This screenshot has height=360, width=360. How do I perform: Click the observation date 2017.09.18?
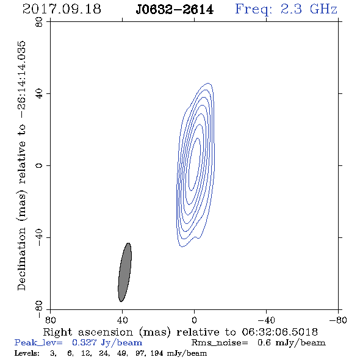(x=62, y=9)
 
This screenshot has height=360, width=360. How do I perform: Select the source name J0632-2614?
(x=175, y=10)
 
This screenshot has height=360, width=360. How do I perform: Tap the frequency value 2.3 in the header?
(x=291, y=9)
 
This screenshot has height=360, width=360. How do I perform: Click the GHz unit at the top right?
(x=323, y=9)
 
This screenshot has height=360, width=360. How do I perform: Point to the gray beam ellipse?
(x=124, y=272)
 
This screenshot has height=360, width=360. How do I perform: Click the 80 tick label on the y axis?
(x=39, y=22)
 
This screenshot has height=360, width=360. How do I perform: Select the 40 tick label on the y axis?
(x=39, y=94)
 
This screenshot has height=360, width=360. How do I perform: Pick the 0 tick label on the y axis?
(x=39, y=165)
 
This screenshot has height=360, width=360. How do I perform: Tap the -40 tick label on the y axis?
(x=39, y=237)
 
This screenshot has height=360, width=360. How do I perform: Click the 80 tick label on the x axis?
(x=50, y=320)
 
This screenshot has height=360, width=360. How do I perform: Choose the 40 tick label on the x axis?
(x=122, y=320)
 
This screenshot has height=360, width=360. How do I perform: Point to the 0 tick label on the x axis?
(x=194, y=320)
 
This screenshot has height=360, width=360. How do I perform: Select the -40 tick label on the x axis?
(x=266, y=320)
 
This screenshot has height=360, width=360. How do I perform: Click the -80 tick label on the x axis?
(x=338, y=320)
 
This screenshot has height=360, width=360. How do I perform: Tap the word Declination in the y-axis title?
(x=21, y=259)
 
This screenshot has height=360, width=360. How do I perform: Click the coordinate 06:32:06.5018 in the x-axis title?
(x=279, y=332)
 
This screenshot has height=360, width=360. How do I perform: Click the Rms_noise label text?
(x=220, y=343)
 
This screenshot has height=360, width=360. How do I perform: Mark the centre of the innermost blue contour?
(x=195, y=164)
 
